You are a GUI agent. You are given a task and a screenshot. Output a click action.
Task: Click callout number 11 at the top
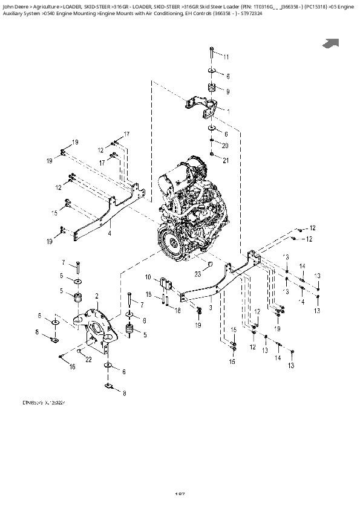point(226,57)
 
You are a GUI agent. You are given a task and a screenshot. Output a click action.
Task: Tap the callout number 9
point(227,91)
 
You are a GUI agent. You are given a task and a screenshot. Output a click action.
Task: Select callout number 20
point(226,146)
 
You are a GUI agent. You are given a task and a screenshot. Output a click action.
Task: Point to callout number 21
point(226,160)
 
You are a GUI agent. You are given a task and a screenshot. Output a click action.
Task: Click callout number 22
point(89,360)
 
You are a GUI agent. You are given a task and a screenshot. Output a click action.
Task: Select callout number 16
point(72,367)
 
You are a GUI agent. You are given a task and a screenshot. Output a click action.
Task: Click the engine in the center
point(188,212)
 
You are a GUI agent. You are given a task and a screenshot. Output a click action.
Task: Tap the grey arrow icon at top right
point(331,43)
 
